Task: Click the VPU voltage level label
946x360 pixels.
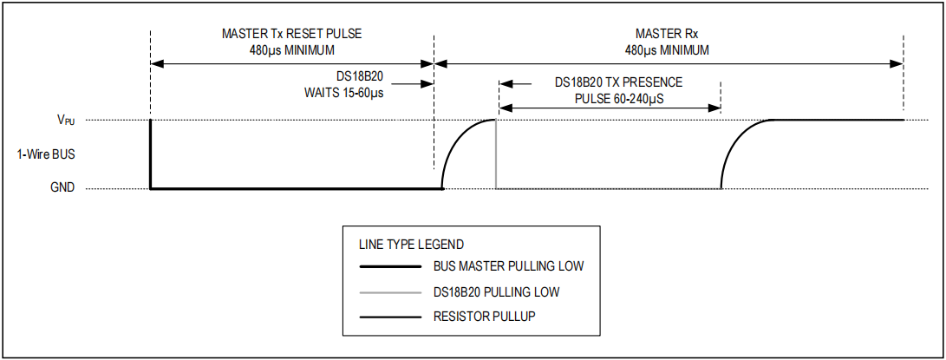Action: point(66,120)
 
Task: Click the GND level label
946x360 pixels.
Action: point(62,188)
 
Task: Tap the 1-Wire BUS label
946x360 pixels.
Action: point(46,154)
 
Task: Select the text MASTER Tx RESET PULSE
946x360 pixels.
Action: point(292,34)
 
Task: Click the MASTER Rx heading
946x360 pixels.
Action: point(667,34)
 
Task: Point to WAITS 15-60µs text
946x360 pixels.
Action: point(344,95)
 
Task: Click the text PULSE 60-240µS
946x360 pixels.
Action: point(619,98)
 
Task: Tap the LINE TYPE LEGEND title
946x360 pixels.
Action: point(412,245)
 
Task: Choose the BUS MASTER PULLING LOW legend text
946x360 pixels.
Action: point(509,265)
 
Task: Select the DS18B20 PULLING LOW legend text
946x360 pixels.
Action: point(497,292)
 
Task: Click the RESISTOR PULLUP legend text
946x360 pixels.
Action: point(485,317)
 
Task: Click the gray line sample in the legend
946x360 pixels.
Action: point(389,293)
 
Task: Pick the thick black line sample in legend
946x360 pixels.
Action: point(389,266)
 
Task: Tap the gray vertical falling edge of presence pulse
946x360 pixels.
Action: point(496,154)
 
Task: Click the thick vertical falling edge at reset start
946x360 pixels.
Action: point(150,154)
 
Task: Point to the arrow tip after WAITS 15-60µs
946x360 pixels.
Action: point(433,84)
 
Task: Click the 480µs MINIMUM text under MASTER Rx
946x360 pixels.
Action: point(667,50)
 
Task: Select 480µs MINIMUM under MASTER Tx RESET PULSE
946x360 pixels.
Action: point(292,50)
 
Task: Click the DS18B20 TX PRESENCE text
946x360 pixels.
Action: point(619,82)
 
